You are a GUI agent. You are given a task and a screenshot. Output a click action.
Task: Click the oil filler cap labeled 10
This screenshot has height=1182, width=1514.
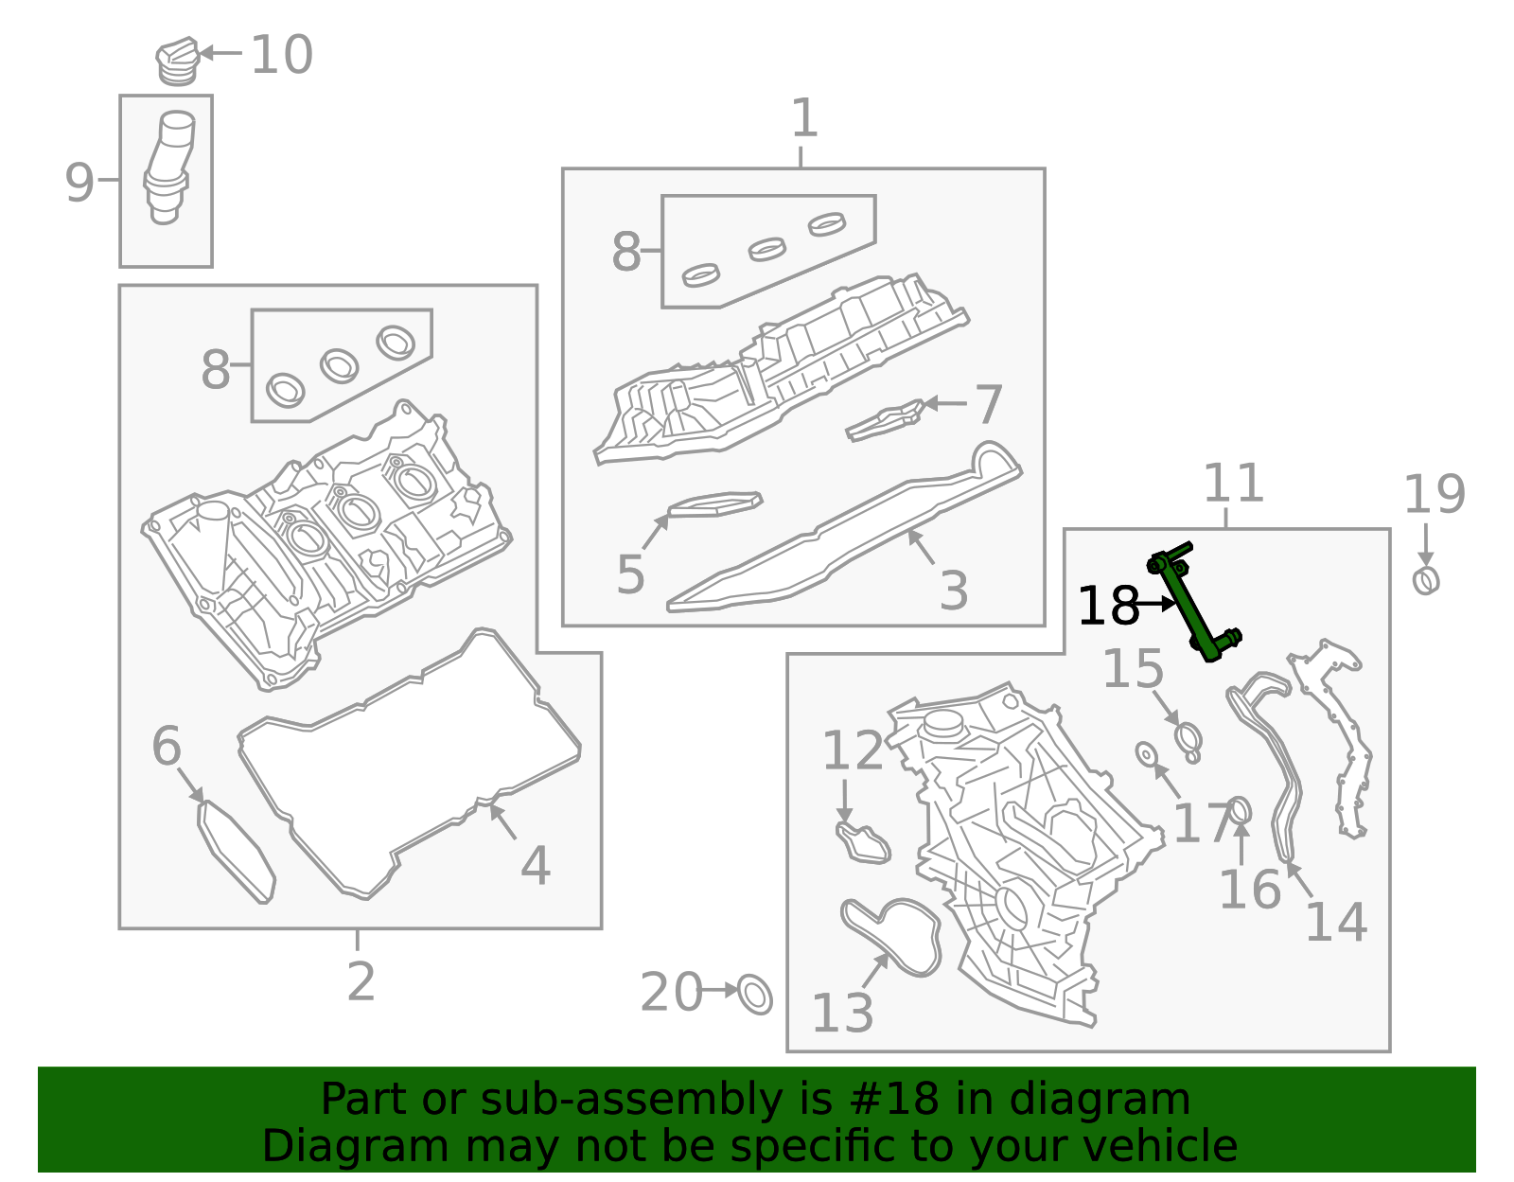[177, 62]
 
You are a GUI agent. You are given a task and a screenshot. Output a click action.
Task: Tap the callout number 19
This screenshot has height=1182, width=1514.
[1434, 495]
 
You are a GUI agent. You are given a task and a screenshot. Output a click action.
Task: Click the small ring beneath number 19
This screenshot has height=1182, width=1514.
[1426, 580]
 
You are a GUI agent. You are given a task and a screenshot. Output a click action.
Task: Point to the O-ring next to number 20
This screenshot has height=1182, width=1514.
[755, 994]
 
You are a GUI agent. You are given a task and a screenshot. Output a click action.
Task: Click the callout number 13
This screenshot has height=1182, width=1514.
[842, 1014]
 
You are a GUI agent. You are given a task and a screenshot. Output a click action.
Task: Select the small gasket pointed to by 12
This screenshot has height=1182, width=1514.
[863, 843]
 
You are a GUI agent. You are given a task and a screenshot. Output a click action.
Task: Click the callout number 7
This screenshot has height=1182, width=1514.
[988, 405]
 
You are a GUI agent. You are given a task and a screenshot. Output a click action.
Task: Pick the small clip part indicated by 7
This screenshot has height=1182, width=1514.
[885, 421]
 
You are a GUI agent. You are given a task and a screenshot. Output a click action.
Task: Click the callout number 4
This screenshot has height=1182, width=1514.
[536, 865]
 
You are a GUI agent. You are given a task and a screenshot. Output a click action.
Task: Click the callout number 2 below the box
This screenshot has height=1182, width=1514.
[361, 982]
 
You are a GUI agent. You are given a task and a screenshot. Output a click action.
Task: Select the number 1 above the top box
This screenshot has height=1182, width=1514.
[803, 119]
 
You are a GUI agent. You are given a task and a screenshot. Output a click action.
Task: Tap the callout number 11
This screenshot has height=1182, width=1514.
[1233, 485]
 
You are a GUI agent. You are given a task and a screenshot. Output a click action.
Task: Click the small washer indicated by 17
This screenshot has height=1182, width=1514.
[1146, 754]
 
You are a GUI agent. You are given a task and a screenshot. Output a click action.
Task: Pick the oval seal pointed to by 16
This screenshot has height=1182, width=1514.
[1240, 811]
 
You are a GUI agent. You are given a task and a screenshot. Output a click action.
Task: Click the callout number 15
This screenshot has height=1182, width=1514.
[1133, 669]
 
